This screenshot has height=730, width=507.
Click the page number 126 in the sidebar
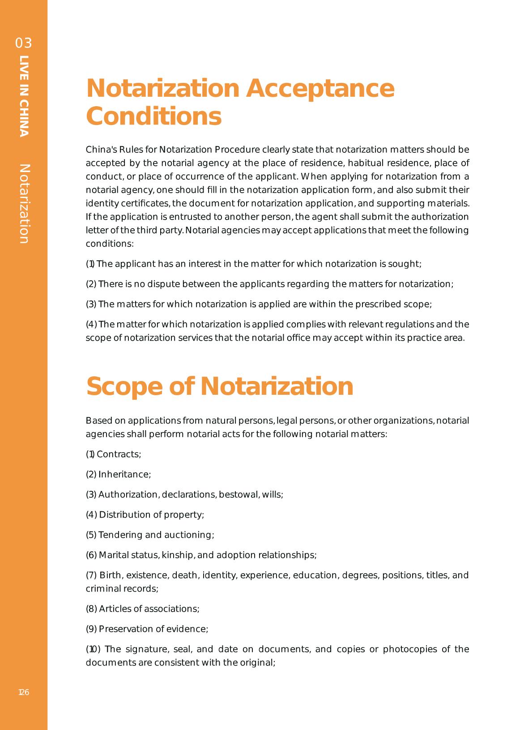tap(24, 692)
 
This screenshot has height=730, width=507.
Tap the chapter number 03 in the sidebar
tap(24, 43)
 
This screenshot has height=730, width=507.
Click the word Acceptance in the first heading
tap(320, 88)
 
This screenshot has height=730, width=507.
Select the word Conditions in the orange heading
tap(153, 116)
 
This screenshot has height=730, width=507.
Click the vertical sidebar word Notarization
tap(24, 204)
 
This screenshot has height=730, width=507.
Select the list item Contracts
tap(119, 454)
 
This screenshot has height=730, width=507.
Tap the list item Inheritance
tap(124, 475)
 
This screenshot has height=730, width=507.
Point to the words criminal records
tap(122, 589)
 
